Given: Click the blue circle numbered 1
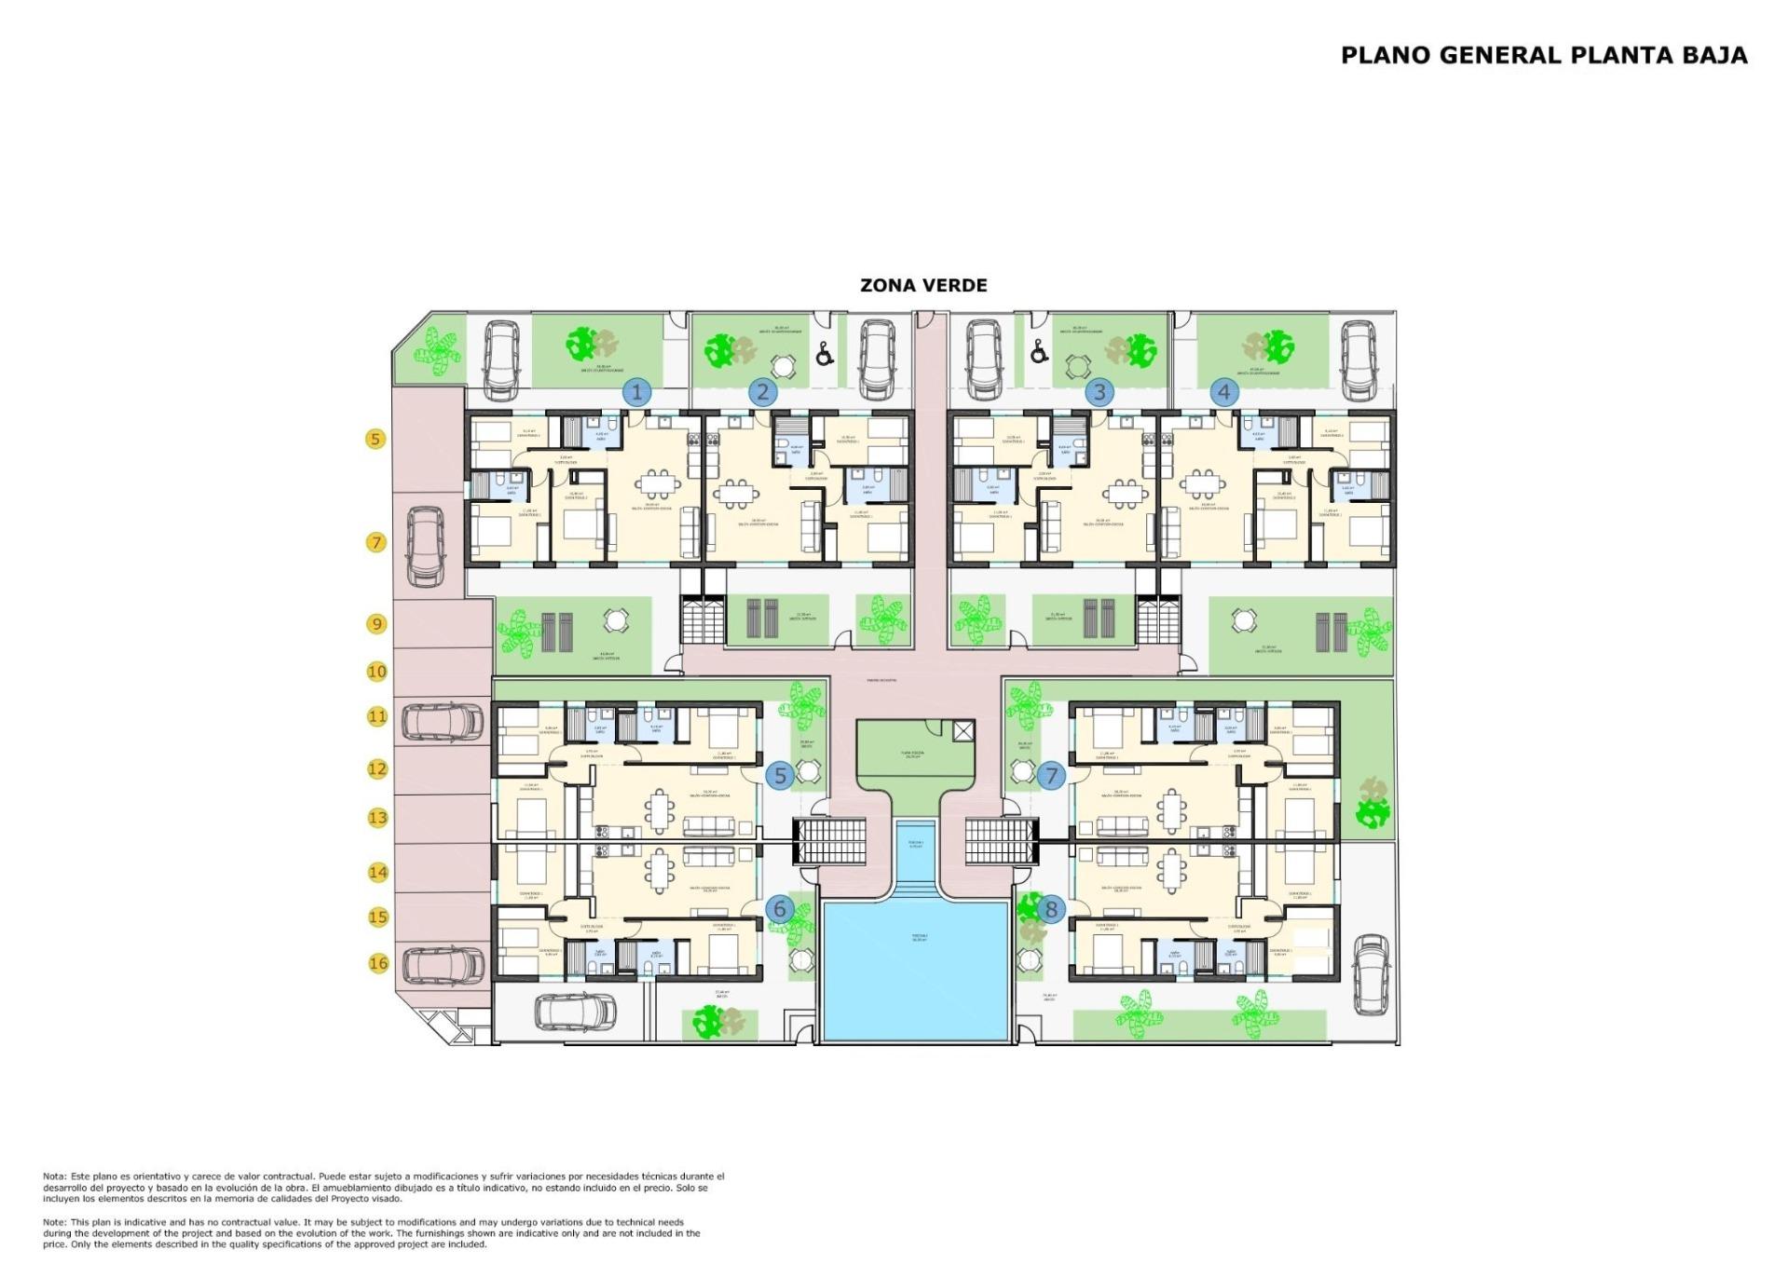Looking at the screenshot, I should click(x=636, y=392).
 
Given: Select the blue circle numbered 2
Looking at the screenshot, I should click(x=762, y=392).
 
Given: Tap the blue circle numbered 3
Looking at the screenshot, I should click(x=1099, y=392).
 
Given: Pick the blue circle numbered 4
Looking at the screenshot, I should click(x=1223, y=392).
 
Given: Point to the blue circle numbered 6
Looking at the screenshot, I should click(x=780, y=909).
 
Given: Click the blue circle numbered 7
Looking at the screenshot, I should click(x=1051, y=775).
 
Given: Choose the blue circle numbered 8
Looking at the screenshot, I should click(x=1051, y=909).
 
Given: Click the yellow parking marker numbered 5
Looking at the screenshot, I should click(x=376, y=439).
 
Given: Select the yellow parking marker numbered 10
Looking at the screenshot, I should click(x=376, y=672).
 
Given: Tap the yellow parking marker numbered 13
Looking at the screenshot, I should click(x=377, y=818).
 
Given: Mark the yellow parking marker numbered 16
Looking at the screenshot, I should click(x=378, y=963).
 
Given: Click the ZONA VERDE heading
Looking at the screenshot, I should click(x=922, y=286).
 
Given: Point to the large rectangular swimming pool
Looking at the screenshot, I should click(x=916, y=969).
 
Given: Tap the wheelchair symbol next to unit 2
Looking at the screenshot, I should click(x=824, y=354).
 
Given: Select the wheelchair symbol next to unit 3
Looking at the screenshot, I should click(x=1039, y=353).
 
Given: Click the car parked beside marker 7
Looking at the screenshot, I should click(x=426, y=548).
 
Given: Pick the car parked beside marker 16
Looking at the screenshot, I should click(x=442, y=966).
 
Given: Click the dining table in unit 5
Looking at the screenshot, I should click(x=661, y=810).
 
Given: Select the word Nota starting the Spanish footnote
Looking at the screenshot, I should click(x=54, y=1176).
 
